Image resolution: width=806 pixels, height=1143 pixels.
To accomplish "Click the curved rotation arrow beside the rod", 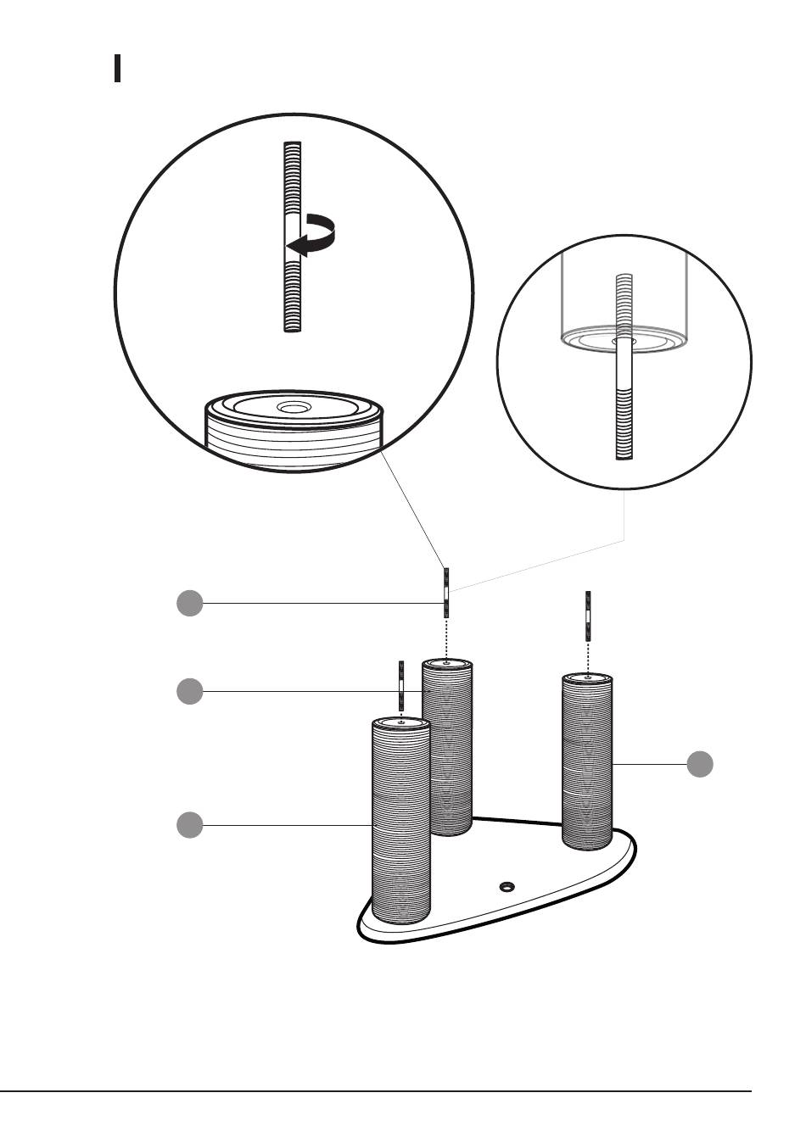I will [315, 235].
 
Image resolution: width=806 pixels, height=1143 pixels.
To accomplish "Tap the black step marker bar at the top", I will [117, 69].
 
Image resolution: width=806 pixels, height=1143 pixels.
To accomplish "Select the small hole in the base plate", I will [507, 886].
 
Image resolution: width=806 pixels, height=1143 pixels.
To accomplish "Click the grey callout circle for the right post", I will [700, 763].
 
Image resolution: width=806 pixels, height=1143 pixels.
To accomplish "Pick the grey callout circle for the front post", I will [190, 824].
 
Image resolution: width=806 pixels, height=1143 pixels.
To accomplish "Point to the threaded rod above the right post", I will [587, 617].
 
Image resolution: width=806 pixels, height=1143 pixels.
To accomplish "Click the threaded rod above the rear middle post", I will [445, 593].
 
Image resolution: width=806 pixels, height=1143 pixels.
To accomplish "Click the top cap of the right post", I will [588, 678].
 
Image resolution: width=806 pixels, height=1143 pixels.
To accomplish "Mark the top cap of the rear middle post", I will [447, 662].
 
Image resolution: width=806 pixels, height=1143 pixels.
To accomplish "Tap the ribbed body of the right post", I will [588, 763].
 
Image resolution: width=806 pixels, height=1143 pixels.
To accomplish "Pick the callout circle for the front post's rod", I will [190, 692].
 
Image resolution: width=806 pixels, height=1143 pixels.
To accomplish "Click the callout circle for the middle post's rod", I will [190, 603].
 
